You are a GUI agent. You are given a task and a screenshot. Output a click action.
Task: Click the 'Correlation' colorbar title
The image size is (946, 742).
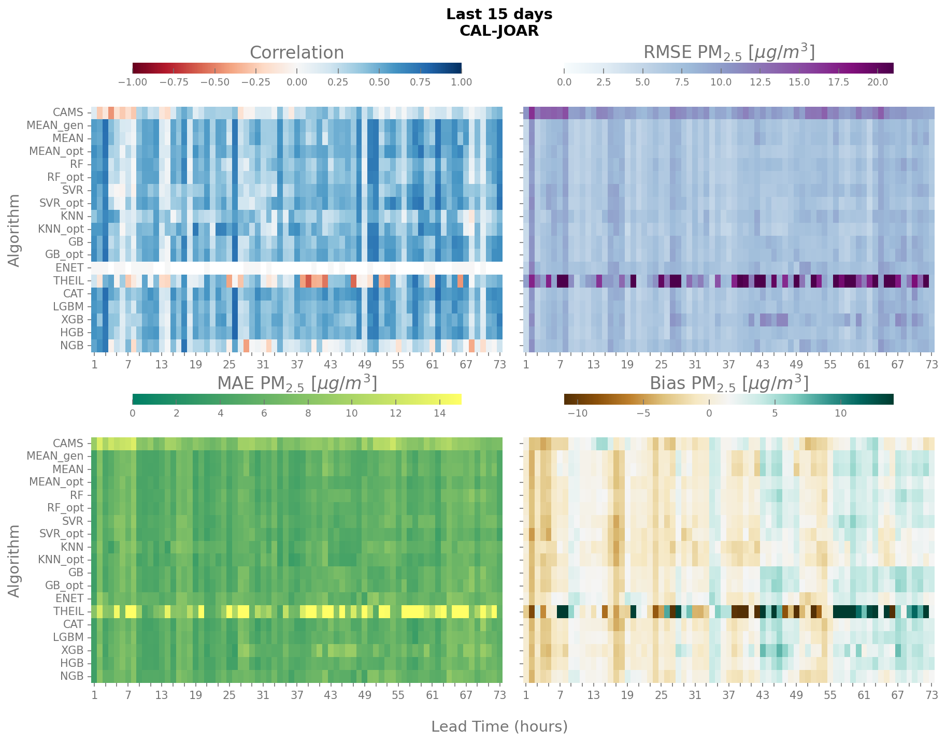pyautogui.click(x=296, y=53)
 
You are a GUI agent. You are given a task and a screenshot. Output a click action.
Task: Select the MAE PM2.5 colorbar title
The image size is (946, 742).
pyautogui.click(x=296, y=383)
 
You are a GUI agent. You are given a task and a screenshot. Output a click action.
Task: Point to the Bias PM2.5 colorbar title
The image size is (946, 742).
pyautogui.click(x=728, y=383)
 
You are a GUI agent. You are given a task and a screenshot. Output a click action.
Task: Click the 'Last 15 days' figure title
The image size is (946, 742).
pyautogui.click(x=499, y=15)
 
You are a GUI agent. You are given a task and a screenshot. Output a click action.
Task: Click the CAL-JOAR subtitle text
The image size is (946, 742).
pyautogui.click(x=499, y=31)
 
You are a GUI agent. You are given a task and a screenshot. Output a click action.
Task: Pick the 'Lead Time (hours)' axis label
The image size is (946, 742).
pyautogui.click(x=499, y=726)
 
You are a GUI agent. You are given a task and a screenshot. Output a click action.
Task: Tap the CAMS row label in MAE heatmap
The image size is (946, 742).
pyautogui.click(x=68, y=443)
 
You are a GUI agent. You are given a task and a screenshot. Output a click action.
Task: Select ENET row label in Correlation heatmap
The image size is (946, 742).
pyautogui.click(x=69, y=268)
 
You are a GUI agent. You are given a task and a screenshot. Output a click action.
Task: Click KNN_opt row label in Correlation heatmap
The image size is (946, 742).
pyautogui.click(x=61, y=229)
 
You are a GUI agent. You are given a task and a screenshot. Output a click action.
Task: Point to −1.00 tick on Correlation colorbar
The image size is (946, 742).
pyautogui.click(x=133, y=82)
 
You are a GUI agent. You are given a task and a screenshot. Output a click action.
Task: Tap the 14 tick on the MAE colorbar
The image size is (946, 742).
pyautogui.click(x=439, y=413)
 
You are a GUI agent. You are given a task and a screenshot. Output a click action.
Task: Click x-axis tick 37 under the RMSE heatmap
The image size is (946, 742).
pyautogui.click(x=728, y=364)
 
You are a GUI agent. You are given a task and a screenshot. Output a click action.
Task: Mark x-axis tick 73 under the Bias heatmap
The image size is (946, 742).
pyautogui.click(x=931, y=695)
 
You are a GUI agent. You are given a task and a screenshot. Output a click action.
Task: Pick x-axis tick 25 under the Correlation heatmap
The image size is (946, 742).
pyautogui.click(x=229, y=364)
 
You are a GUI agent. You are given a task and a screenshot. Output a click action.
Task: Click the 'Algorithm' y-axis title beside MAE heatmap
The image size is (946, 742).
pyautogui.click(x=15, y=561)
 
